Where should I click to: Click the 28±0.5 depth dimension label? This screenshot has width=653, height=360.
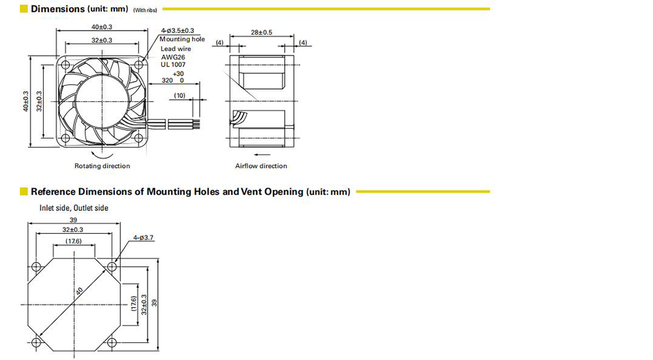coord(262,32)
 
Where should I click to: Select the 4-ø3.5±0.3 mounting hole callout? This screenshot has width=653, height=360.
coord(178,31)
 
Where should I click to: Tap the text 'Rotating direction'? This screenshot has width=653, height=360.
coord(102,166)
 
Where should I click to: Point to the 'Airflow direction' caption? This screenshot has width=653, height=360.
coord(261,166)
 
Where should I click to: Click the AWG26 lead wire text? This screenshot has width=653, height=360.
coord(173,57)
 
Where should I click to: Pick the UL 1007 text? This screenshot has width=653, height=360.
coord(173,65)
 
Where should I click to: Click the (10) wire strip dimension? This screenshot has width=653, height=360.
coord(180,95)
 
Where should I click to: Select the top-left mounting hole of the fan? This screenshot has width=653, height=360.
coord(65,65)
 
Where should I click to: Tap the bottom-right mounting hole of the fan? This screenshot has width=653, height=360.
coord(138,138)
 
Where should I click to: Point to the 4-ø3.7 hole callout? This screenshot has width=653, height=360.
coord(143,238)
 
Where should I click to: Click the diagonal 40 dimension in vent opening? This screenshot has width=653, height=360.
coord(79,291)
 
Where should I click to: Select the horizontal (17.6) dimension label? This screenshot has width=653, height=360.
coord(74,241)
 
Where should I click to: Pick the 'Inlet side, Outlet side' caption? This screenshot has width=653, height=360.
coord(74,208)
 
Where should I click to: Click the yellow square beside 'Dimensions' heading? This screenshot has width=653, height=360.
coord(24,8)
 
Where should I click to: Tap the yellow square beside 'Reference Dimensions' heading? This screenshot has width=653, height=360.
coord(24,191)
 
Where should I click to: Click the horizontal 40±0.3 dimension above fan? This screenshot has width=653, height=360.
coord(102,27)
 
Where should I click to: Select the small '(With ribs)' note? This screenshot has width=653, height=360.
coord(145,10)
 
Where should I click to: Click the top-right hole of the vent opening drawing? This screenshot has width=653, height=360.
coord(112,267)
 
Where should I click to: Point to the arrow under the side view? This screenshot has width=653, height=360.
coord(262,155)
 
